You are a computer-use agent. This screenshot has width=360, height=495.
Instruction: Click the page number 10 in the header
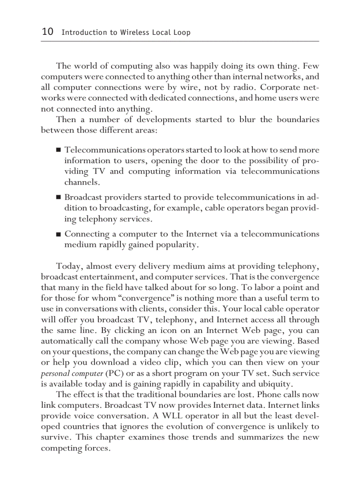tap(47, 32)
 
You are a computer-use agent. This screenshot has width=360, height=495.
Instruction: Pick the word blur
tap(243, 120)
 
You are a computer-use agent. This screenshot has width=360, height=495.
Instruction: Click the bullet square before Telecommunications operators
tap(59, 151)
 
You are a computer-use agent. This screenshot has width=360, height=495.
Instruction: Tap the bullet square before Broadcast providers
tap(59, 197)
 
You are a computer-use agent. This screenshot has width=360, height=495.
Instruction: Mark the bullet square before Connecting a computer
tap(59, 234)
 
